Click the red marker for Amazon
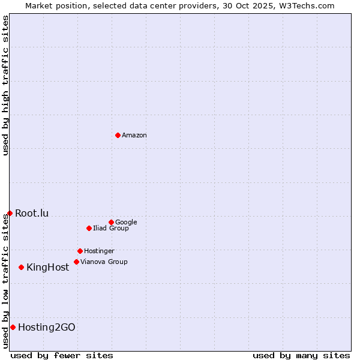118,135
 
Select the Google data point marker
111,222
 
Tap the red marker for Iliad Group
89,228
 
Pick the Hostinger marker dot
80,251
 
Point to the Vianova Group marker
76,262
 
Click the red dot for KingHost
21,267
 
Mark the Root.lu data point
10,213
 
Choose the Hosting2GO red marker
13,327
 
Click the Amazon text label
134,136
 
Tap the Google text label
126,223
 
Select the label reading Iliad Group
111,229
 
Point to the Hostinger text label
99,251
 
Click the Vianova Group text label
104,262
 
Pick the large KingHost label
48,268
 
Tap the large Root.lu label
32,214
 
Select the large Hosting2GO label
47,328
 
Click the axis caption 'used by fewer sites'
62,356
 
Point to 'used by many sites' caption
301,356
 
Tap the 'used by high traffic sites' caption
6,85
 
